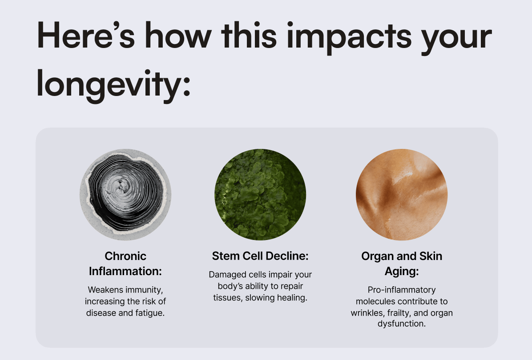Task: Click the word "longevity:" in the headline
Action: [113, 85]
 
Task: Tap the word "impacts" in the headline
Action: [349, 37]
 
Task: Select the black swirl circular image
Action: [125, 195]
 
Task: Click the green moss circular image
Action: [260, 195]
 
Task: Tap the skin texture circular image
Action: [402, 195]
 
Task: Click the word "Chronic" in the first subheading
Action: [125, 256]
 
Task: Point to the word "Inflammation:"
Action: [125, 271]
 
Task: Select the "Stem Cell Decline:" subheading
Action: [260, 256]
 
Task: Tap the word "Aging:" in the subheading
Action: [402, 272]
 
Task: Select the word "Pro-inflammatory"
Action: [402, 290]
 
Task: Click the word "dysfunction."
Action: [402, 324]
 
